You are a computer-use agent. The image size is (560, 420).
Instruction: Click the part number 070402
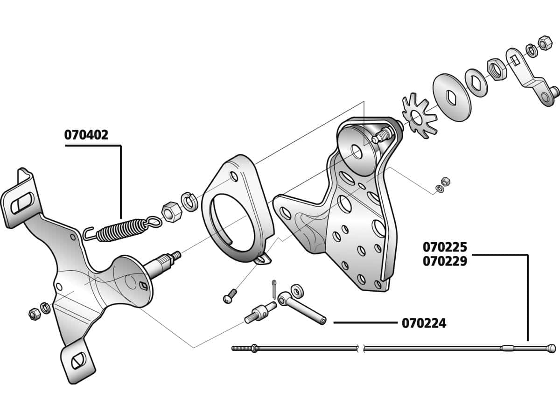tap(86, 135)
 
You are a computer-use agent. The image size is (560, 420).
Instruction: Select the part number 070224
tap(424, 323)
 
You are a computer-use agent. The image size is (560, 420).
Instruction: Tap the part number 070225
tap(445, 246)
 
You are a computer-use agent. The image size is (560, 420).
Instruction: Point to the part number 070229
tap(445, 261)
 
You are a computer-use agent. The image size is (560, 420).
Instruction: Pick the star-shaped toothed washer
tap(414, 116)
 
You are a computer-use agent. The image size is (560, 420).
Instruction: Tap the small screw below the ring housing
tap(230, 296)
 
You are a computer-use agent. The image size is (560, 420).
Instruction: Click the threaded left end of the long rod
tap(241, 348)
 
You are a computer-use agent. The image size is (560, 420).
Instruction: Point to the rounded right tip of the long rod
tap(552, 348)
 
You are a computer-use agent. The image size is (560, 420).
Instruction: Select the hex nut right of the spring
tap(168, 210)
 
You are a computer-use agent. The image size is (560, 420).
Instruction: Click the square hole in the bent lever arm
tap(514, 59)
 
